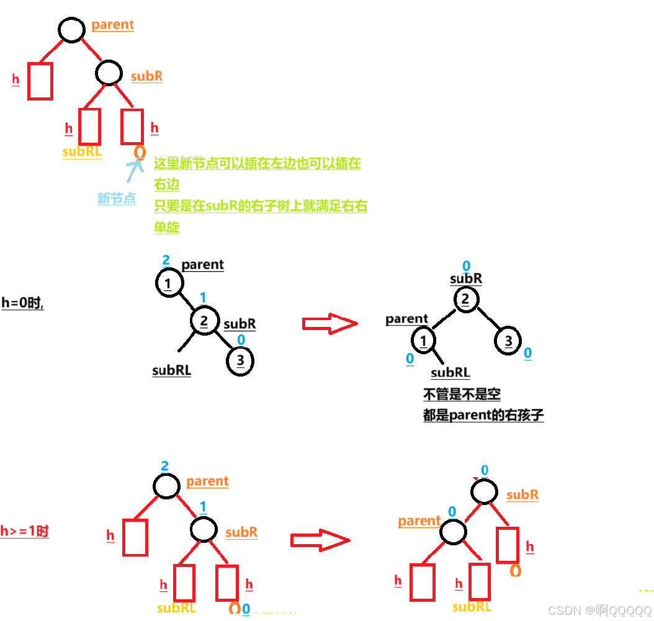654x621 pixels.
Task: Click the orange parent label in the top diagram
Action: click(x=112, y=25)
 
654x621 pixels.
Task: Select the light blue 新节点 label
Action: click(x=116, y=199)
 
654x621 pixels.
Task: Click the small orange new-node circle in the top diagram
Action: click(x=140, y=151)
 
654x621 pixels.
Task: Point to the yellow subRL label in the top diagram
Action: click(x=82, y=152)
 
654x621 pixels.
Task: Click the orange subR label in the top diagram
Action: click(x=146, y=76)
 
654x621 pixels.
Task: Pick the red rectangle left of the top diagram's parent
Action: click(x=40, y=81)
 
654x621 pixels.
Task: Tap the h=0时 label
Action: click(x=22, y=304)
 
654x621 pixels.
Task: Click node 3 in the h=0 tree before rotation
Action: click(x=240, y=361)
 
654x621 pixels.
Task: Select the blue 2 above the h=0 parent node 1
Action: click(x=166, y=260)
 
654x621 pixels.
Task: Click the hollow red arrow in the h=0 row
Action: click(x=329, y=323)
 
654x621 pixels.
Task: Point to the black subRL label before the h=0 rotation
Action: click(x=172, y=370)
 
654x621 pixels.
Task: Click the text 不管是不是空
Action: click(x=462, y=394)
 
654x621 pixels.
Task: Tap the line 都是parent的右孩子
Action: click(x=483, y=416)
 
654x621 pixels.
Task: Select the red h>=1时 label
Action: click(x=24, y=531)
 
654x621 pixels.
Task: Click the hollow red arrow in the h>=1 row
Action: click(x=320, y=540)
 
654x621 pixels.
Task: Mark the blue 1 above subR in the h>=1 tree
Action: click(x=202, y=507)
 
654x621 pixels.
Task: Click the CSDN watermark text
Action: click(x=600, y=610)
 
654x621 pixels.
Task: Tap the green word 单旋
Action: click(x=167, y=228)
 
